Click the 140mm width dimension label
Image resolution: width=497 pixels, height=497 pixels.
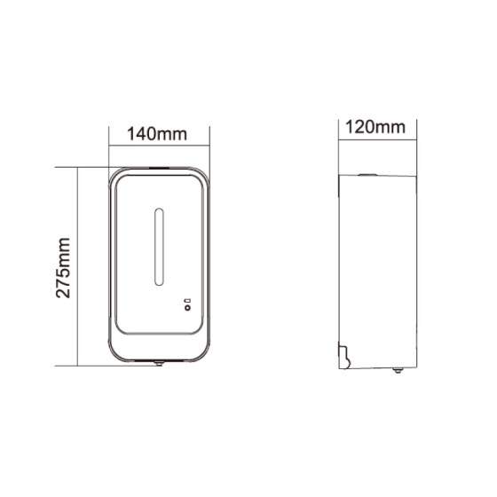tap(157, 134)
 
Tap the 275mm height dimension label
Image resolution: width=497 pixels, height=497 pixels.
tap(63, 268)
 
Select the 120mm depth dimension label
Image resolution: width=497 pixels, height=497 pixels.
tap(375, 127)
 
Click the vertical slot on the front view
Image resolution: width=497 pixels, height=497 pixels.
tap(159, 247)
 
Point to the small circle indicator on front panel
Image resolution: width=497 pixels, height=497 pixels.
tap(188, 308)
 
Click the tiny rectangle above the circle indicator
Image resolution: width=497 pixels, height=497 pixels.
tap(189, 301)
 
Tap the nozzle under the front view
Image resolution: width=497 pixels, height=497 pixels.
tap(159, 363)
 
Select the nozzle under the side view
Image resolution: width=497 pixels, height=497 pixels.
tap(398, 370)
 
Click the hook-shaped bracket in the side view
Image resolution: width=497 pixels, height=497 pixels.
tap(344, 357)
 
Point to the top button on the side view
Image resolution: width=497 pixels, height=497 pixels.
tap(367, 174)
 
